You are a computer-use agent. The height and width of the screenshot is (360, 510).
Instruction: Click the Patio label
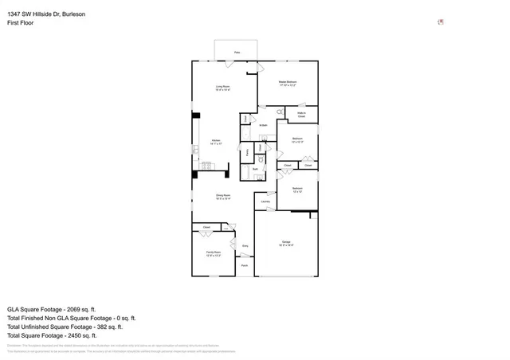(237, 53)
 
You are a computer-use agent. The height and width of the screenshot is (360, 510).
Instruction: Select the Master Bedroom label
(288, 83)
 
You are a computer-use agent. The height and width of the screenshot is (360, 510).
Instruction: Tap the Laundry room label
(265, 202)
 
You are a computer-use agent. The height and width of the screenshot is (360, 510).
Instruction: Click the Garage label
(285, 244)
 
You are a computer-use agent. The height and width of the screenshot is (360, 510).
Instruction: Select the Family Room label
(213, 254)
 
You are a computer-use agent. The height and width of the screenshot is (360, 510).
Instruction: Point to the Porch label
(245, 264)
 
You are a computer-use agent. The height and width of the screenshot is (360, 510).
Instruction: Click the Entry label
(245, 246)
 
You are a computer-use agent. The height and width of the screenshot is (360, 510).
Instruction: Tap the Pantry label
(248, 151)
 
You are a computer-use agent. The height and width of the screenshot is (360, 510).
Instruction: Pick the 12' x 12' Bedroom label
(297, 190)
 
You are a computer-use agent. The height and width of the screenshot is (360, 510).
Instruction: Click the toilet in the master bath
(245, 119)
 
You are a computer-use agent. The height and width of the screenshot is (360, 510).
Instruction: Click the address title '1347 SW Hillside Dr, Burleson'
(47, 13)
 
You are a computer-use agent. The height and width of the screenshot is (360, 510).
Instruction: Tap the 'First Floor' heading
(20, 23)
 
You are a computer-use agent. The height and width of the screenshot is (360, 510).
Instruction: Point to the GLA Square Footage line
(51, 309)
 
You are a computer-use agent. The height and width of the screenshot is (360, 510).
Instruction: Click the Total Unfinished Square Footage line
(65, 327)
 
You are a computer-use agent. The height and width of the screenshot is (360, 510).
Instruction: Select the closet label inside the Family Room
(206, 228)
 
